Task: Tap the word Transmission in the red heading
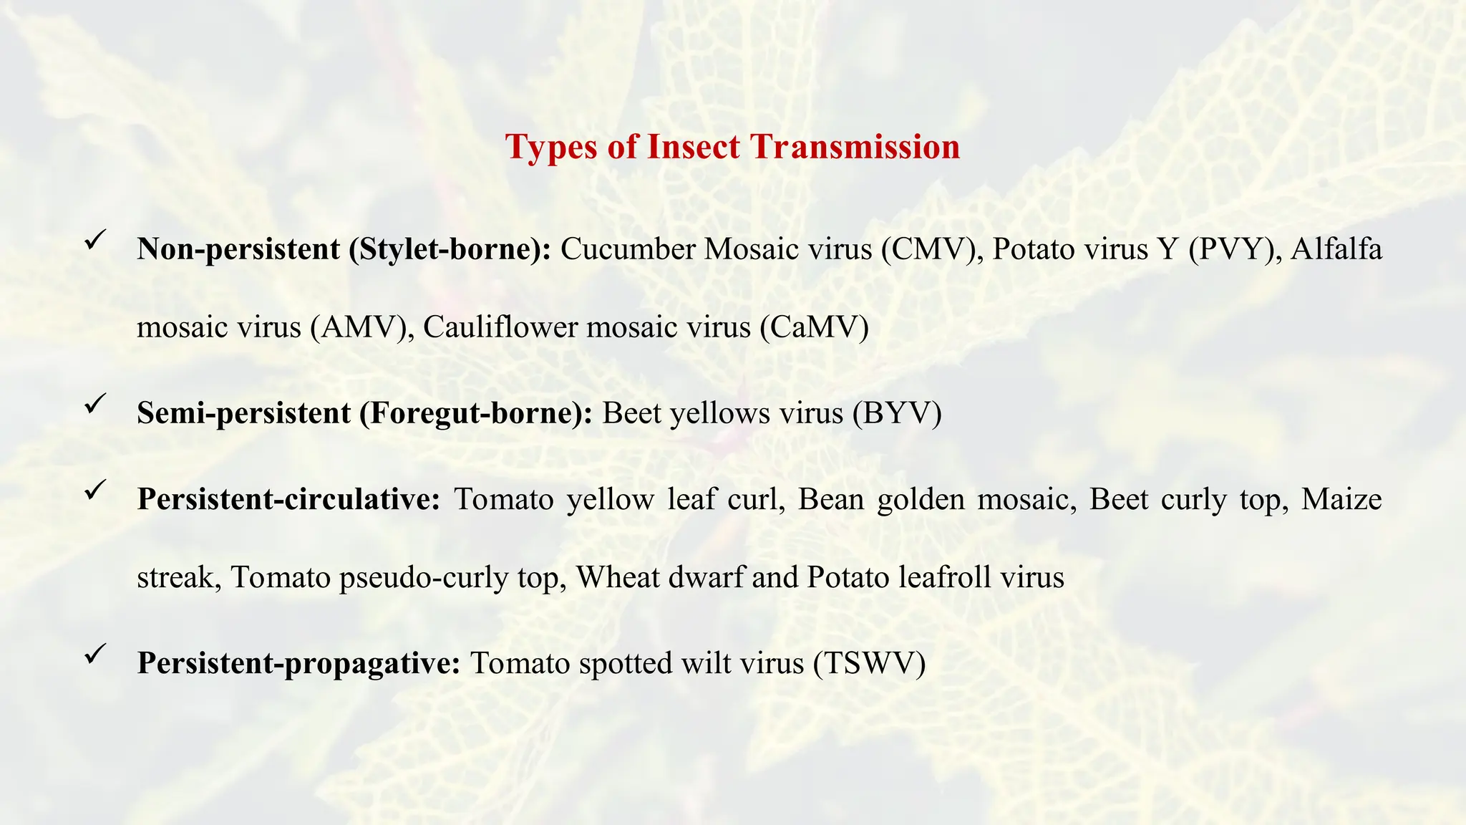click(855, 147)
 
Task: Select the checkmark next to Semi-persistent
click(95, 404)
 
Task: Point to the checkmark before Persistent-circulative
click(95, 490)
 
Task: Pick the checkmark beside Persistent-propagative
click(95, 654)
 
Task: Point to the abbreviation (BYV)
click(897, 413)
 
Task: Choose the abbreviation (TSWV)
click(869, 663)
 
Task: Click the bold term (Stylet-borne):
click(450, 249)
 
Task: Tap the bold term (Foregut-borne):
click(476, 413)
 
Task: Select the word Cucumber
click(628, 249)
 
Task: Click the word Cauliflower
click(500, 327)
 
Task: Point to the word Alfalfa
click(1336, 249)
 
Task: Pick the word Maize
click(1341, 499)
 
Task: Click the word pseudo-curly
click(424, 577)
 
